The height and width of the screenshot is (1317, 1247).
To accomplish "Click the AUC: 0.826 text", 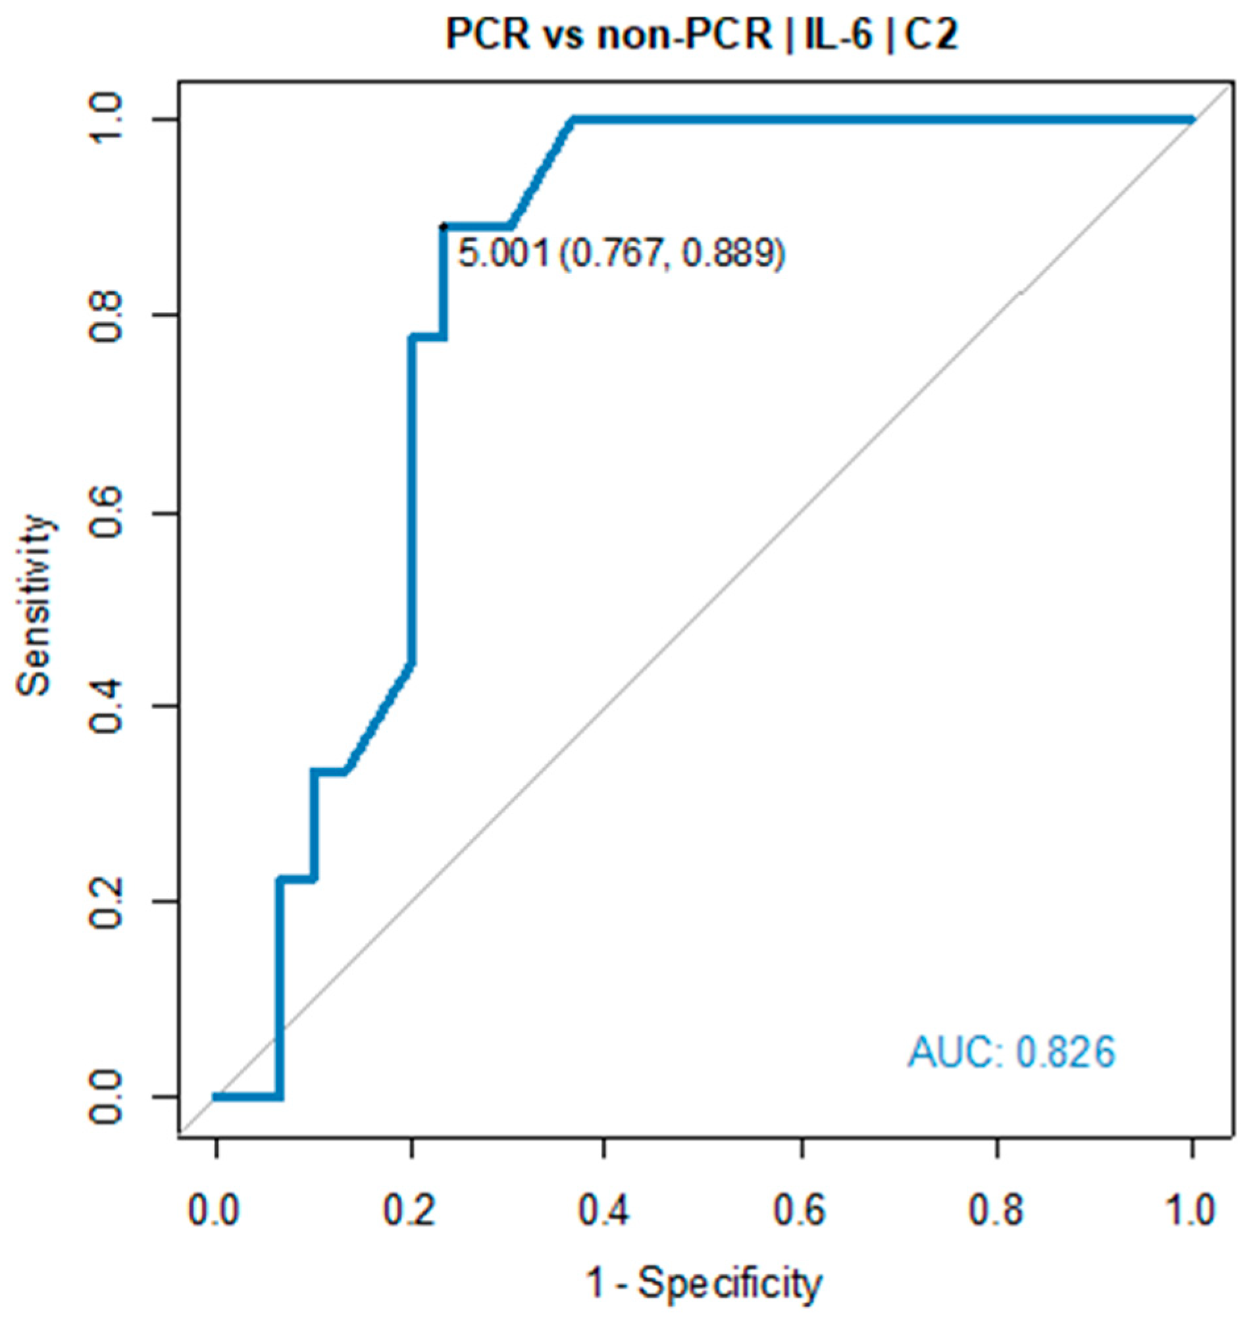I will tap(1011, 1053).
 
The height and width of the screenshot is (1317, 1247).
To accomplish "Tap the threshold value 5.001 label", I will tap(504, 254).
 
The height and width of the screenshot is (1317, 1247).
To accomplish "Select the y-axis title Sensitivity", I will tap(35, 605).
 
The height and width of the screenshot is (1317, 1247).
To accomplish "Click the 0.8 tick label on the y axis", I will tap(109, 315).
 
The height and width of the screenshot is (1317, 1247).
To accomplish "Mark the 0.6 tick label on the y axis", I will tap(109, 511).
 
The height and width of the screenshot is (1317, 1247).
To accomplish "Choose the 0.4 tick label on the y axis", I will tap(109, 706).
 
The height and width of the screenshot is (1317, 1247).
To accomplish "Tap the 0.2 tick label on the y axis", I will tap(109, 902).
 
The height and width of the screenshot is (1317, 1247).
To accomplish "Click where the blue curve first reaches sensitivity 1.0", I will tap(572, 120).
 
